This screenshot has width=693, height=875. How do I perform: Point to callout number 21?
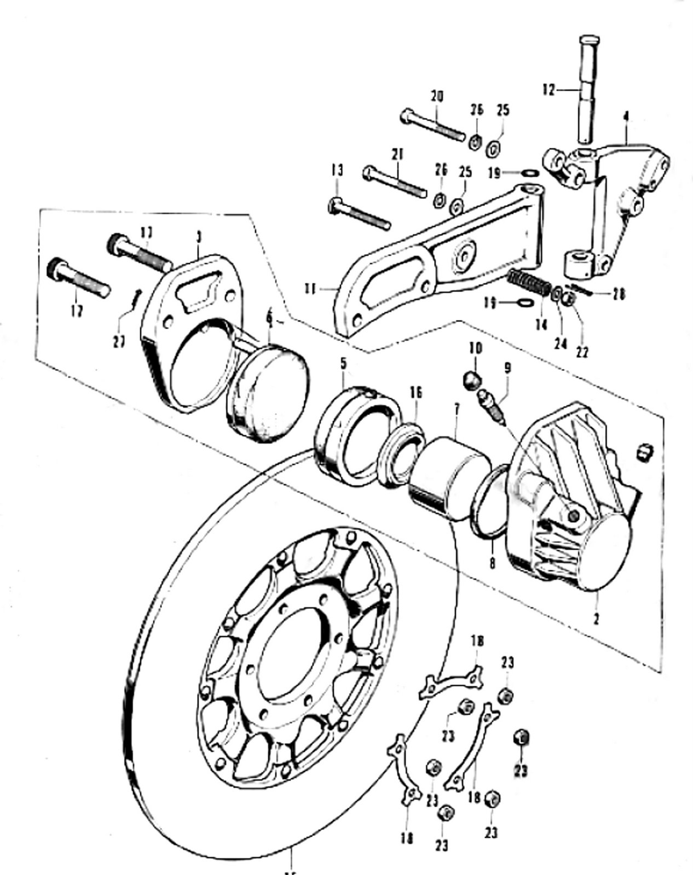click(x=398, y=155)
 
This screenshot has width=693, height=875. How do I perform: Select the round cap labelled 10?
click(x=472, y=380)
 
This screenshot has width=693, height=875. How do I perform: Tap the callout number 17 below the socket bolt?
click(x=77, y=311)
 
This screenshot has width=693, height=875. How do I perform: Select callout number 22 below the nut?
click(x=582, y=352)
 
